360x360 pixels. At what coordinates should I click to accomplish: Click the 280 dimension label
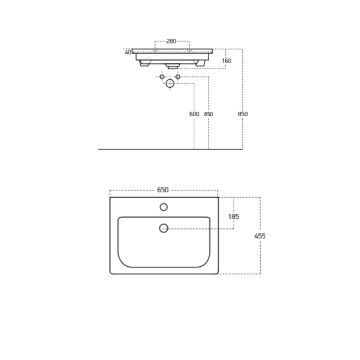[171, 41]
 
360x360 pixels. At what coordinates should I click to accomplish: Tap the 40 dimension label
[128, 52]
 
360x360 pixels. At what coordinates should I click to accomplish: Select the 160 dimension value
[226, 61]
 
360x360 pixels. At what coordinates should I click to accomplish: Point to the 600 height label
[194, 114]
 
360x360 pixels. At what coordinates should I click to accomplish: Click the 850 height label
[243, 114]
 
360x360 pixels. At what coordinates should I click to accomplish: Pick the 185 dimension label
[233, 217]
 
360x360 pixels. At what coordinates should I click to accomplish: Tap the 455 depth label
[260, 236]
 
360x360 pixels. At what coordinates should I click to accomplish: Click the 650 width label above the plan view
[163, 190]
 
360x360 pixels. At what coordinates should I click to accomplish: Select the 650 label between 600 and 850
[208, 114]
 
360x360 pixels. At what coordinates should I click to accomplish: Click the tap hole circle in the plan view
[164, 207]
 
